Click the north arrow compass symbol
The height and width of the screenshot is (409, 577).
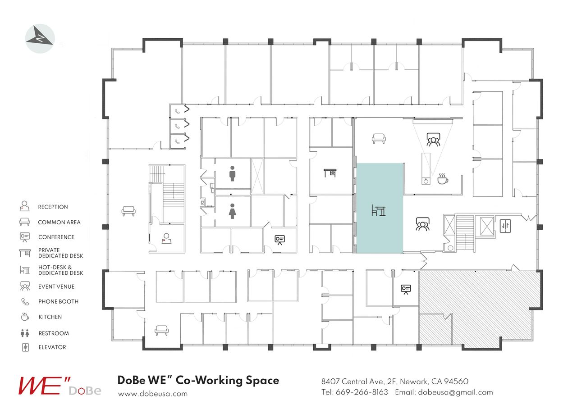(40, 38)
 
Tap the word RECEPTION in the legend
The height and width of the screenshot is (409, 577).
(53, 207)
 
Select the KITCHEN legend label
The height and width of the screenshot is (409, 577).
(50, 317)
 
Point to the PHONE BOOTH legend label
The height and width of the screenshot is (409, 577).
(58, 302)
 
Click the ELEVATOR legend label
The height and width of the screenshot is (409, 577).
(52, 347)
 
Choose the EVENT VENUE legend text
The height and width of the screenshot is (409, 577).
(56, 286)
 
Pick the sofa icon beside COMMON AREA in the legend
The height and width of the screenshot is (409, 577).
(24, 222)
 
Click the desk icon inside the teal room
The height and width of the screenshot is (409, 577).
(378, 210)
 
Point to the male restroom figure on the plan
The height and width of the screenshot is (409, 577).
(232, 173)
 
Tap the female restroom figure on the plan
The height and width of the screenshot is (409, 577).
(232, 211)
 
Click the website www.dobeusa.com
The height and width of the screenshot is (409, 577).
(153, 393)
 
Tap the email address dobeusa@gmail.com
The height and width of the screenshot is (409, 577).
(455, 392)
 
